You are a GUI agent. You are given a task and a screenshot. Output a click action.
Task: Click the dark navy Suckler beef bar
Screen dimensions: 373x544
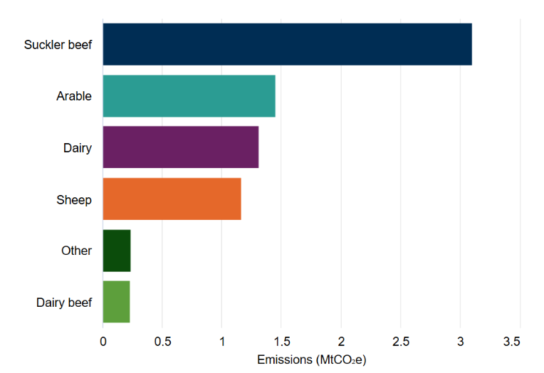[287, 44]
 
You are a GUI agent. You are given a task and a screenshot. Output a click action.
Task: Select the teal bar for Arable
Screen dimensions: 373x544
[189, 95]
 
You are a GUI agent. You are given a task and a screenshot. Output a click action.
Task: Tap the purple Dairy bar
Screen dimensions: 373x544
[180, 147]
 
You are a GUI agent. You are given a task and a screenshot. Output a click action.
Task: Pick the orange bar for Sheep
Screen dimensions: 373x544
[172, 199]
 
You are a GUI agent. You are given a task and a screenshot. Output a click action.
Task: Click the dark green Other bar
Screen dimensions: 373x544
[117, 251]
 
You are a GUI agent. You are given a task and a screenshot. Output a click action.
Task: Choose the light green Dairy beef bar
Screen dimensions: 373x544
[116, 302]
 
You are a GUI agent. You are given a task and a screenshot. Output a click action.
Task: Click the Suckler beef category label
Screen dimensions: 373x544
[58, 45]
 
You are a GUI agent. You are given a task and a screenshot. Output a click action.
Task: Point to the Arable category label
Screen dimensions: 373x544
[74, 96]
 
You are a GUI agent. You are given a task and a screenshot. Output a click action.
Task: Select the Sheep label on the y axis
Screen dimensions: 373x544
[74, 199]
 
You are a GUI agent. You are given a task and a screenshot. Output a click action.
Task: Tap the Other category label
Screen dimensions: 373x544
[76, 251]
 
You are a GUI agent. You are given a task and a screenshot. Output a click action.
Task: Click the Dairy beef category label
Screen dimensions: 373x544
[64, 303]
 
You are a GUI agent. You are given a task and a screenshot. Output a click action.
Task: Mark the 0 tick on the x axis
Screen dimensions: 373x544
[103, 342]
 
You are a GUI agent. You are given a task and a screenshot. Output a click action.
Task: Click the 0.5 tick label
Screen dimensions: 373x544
[162, 342]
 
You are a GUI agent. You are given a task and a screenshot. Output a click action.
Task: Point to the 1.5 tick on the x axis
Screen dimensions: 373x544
[281, 342]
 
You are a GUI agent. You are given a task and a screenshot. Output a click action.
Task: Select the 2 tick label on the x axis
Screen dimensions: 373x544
[341, 342]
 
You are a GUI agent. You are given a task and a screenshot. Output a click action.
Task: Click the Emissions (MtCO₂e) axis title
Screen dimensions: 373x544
[311, 359]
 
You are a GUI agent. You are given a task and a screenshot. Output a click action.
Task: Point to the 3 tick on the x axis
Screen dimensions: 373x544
[460, 342]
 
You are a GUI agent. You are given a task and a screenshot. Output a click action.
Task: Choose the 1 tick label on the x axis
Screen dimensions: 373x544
[222, 342]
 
